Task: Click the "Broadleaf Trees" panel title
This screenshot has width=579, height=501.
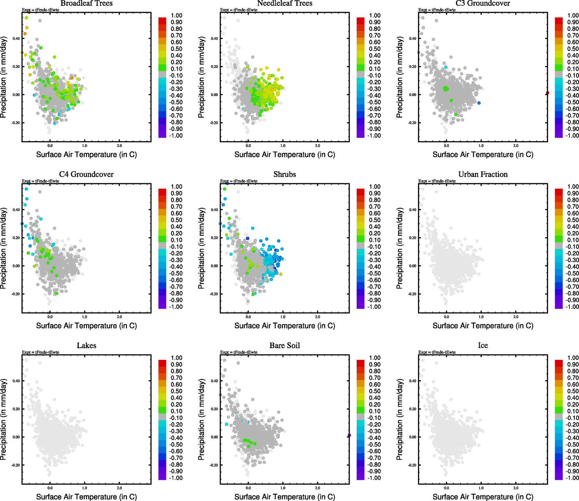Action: coord(86,3)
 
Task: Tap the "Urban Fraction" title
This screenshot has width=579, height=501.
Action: coord(483,175)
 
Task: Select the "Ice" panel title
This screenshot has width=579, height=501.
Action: coord(483,346)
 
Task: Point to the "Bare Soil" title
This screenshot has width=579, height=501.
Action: coord(284,346)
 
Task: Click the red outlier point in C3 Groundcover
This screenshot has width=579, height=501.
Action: coord(547,93)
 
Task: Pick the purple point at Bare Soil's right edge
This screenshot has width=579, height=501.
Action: coord(349,435)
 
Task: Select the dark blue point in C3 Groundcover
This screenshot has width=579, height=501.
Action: coord(479,103)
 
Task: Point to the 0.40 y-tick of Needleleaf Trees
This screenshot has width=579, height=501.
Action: coord(214,38)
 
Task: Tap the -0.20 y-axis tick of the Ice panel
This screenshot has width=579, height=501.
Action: coord(412,465)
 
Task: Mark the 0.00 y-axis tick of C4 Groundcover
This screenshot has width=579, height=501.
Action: coord(16,266)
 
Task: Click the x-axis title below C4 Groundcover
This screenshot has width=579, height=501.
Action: coord(86,326)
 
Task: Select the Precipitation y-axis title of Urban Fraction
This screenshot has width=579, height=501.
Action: coord(400,249)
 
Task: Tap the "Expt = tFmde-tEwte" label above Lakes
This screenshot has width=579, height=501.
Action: coord(40,352)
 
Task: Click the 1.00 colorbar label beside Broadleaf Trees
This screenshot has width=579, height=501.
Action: coord(176,15)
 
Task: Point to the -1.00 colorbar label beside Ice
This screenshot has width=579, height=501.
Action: coord(571,478)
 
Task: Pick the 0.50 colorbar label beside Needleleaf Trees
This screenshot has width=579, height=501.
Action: coord(375,49)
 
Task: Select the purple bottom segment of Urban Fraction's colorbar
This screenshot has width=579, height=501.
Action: coord(559,306)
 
